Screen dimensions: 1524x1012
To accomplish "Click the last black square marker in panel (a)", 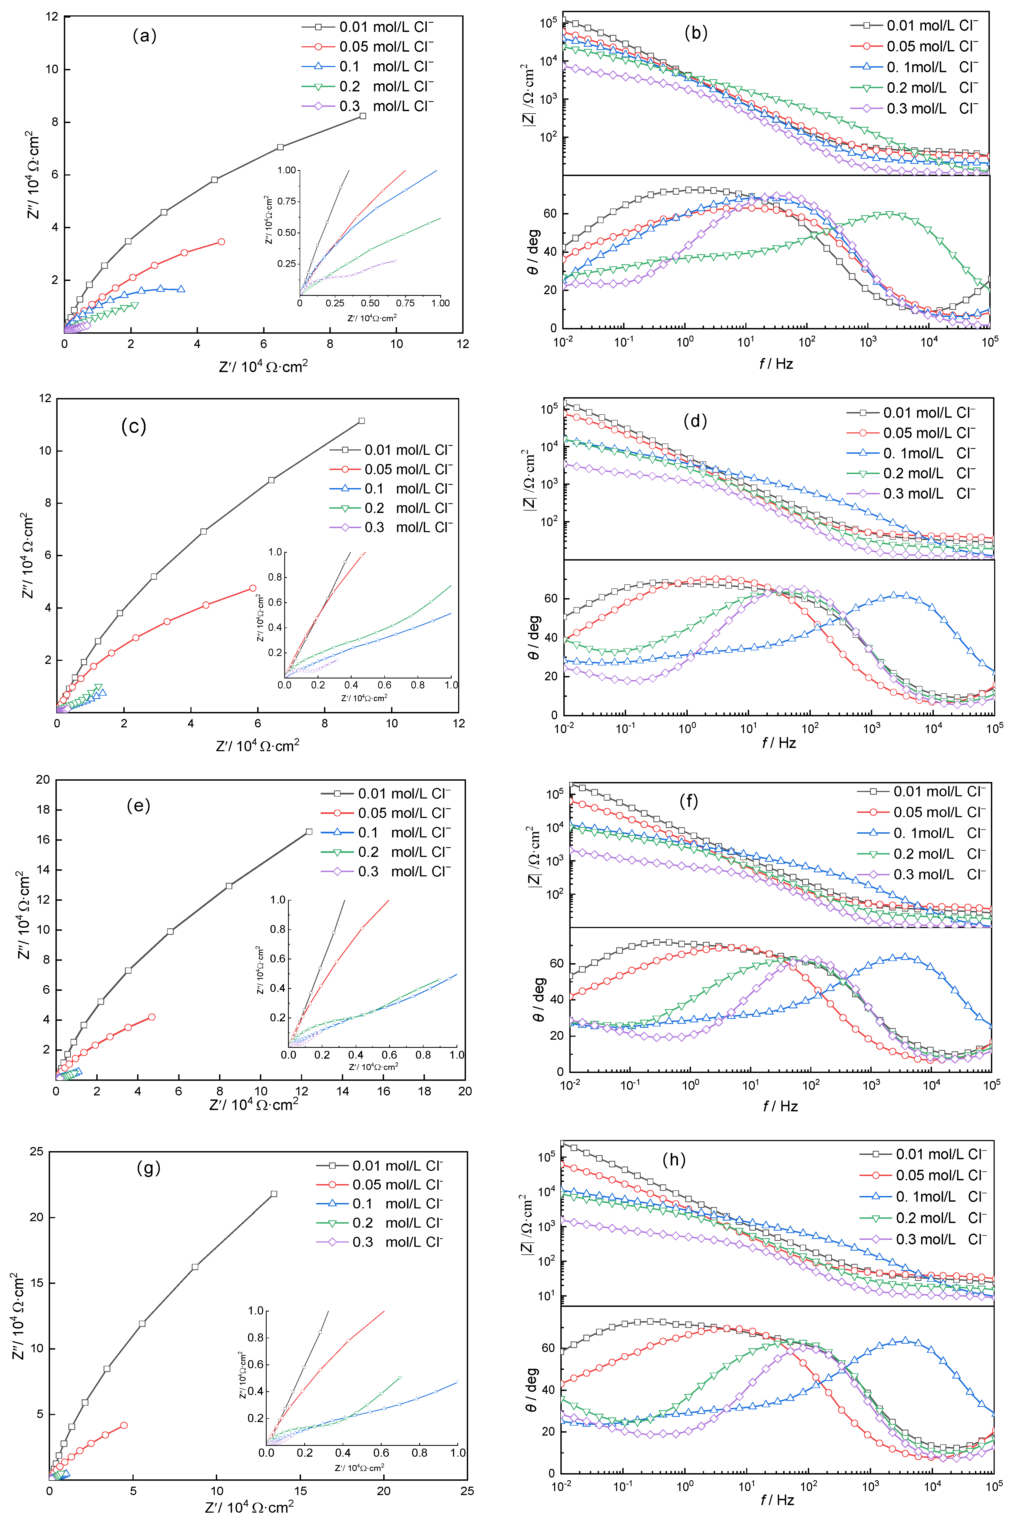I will pos(363,116).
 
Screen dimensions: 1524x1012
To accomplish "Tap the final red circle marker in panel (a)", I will pos(221,242).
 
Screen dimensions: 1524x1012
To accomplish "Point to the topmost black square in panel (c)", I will pos(361,421).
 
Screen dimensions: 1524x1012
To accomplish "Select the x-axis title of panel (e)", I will pos(254,1105).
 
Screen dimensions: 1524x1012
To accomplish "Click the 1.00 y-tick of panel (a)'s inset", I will pos(287,170).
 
